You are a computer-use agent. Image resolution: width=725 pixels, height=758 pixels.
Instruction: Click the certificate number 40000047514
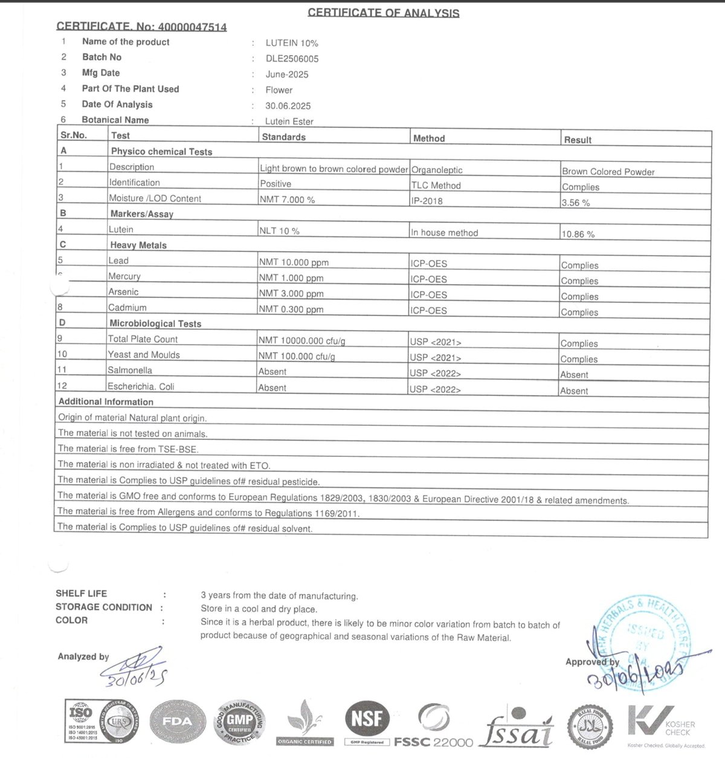pyautogui.click(x=192, y=27)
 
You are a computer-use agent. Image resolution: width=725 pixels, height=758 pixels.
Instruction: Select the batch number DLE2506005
pyautogui.click(x=292, y=59)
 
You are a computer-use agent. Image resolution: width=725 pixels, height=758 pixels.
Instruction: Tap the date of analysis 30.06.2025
pyautogui.click(x=288, y=106)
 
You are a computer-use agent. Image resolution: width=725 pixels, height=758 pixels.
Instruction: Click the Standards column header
pyautogui.click(x=283, y=137)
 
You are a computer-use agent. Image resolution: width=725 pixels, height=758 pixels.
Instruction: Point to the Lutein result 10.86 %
pyautogui.click(x=578, y=234)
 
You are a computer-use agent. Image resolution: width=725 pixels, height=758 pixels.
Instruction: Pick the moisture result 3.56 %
pyautogui.click(x=575, y=202)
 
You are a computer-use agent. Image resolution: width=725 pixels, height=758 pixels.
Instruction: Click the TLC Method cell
pyautogui.click(x=436, y=186)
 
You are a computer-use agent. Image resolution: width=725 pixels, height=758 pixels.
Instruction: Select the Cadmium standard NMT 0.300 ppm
pyautogui.click(x=291, y=309)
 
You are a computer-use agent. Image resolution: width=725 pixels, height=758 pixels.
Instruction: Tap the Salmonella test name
pyautogui.click(x=129, y=370)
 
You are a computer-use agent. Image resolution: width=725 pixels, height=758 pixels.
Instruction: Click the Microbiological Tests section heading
pyautogui.click(x=155, y=323)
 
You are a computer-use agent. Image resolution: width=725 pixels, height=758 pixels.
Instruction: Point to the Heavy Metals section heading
pyautogui.click(x=138, y=245)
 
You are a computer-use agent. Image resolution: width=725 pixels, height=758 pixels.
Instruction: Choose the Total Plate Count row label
pyautogui.click(x=143, y=339)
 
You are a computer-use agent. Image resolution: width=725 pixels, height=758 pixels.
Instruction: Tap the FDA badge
pyautogui.click(x=177, y=721)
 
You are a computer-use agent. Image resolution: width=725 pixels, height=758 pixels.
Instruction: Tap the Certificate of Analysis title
pyautogui.click(x=383, y=13)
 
